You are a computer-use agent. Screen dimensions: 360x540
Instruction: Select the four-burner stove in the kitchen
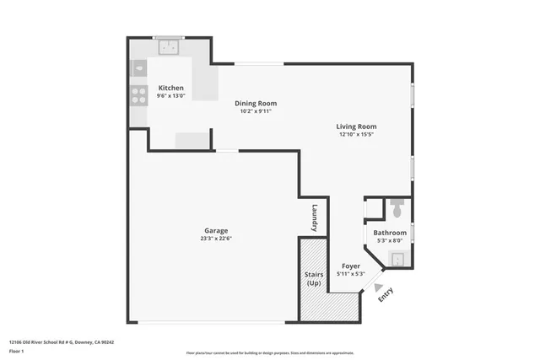click(x=138, y=96)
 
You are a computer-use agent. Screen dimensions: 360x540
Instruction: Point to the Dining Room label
click(x=255, y=104)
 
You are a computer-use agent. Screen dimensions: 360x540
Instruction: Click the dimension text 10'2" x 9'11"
click(x=255, y=111)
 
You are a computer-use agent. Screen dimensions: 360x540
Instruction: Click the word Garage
click(x=215, y=231)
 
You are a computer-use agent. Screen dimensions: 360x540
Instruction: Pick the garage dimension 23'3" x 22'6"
click(x=215, y=239)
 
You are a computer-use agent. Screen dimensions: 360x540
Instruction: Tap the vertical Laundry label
click(x=314, y=218)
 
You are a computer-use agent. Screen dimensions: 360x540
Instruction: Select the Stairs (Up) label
click(x=313, y=278)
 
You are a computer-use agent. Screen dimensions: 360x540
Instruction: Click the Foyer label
click(x=350, y=266)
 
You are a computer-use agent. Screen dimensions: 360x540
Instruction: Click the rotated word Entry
click(x=386, y=294)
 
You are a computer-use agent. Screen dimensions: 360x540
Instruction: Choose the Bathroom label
click(x=390, y=233)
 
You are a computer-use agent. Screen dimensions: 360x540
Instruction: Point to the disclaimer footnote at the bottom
click(x=270, y=353)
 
